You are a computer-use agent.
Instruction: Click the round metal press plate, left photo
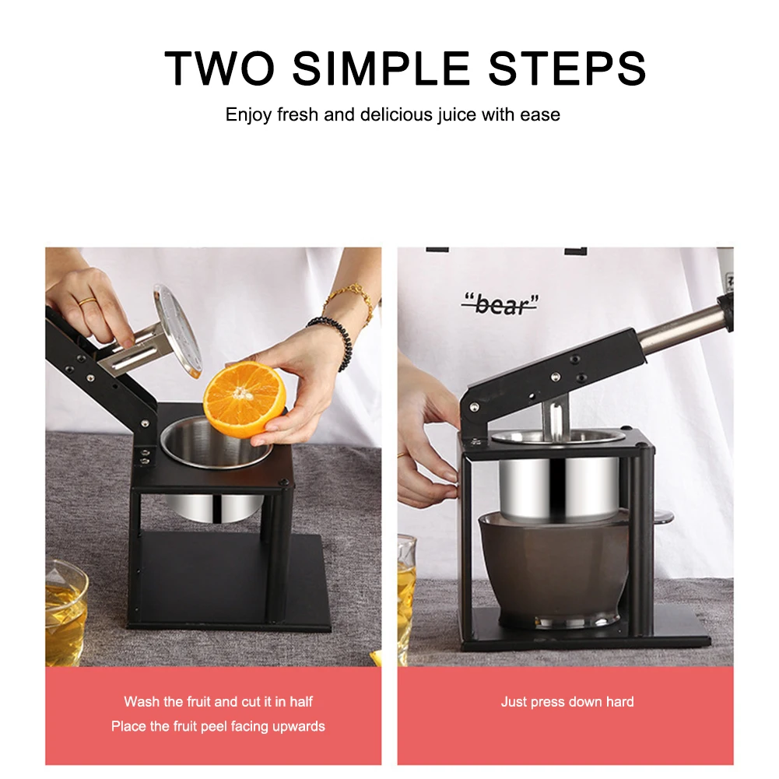pos(177,330)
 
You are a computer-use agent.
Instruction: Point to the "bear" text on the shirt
pos(500,304)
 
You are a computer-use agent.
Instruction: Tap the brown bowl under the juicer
pos(553,568)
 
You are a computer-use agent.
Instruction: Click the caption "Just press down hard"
pos(567,702)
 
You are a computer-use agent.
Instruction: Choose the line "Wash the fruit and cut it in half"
pos(218,702)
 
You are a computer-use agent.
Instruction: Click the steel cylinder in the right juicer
pos(558,486)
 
